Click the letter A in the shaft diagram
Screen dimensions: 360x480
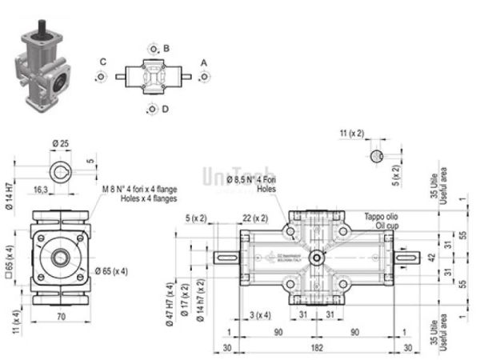(204, 62)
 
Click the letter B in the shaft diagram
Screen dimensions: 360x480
(166, 49)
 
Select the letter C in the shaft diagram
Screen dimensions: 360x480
(103, 62)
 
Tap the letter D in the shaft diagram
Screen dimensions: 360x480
(165, 110)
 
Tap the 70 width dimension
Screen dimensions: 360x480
(61, 317)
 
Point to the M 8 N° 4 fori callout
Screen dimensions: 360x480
(138, 194)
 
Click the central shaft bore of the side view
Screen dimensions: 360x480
(61, 257)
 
